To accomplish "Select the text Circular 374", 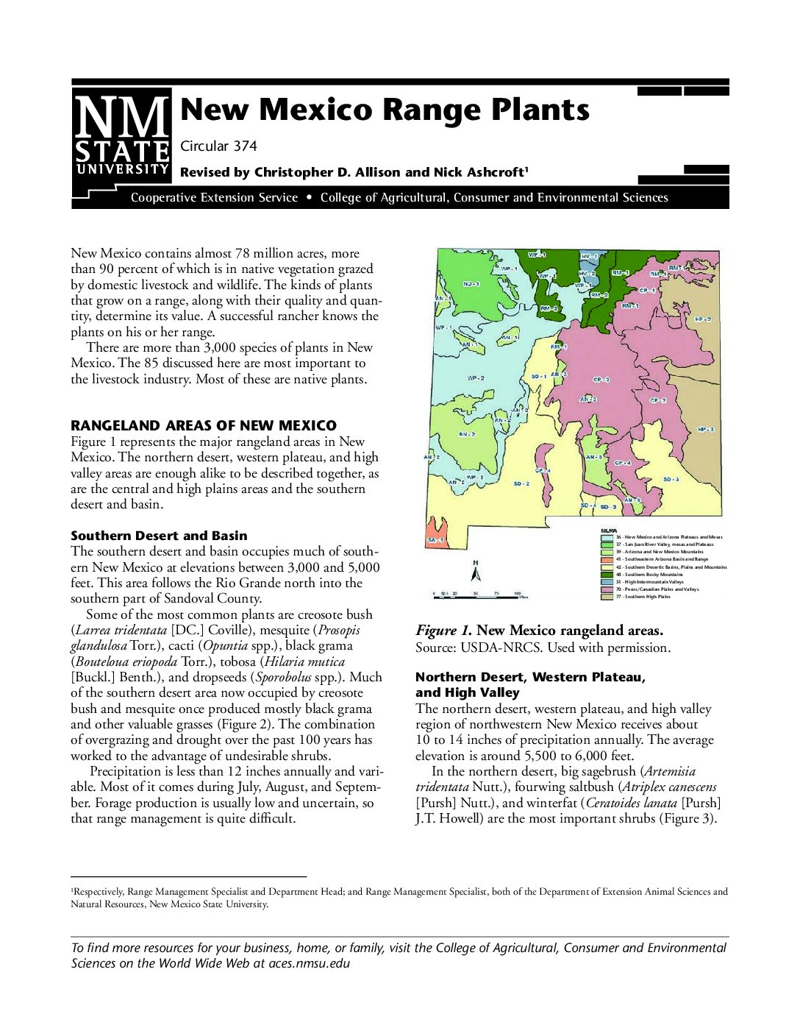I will (x=218, y=146).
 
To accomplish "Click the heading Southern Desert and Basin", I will (x=159, y=536).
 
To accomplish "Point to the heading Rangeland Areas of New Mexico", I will (x=204, y=425).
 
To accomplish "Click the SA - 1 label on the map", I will (x=436, y=540).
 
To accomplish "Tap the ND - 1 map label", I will (x=471, y=283).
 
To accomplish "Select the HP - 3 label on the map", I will (x=706, y=429).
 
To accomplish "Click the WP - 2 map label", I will (x=476, y=378).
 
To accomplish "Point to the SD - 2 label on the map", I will (x=521, y=483).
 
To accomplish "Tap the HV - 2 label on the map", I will (x=587, y=273).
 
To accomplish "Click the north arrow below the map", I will (x=476, y=571).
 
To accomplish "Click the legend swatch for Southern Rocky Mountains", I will (x=607, y=575).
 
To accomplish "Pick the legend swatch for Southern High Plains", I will (x=607, y=597).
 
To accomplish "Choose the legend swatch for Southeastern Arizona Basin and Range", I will (x=607, y=559).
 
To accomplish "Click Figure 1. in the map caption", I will (x=443, y=631).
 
